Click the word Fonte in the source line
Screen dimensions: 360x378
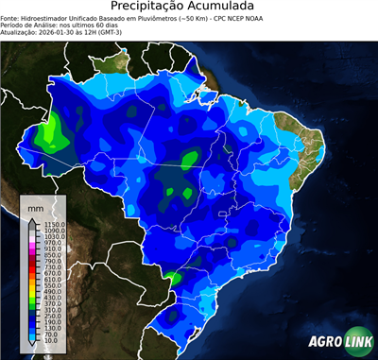[x=11, y=18]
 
